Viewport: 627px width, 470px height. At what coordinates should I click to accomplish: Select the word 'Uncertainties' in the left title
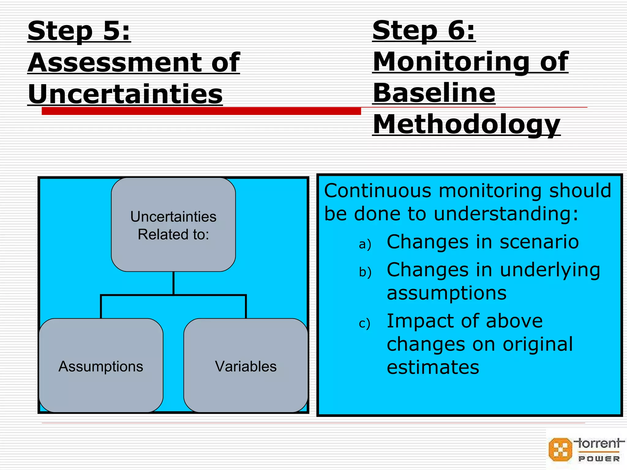point(125,94)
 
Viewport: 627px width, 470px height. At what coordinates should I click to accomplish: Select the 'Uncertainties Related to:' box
point(173,225)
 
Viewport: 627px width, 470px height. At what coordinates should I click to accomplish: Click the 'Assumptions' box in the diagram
point(101,366)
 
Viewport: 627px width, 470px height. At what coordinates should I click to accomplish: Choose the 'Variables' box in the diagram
point(246,366)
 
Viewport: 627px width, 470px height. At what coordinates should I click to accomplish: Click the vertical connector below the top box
point(173,283)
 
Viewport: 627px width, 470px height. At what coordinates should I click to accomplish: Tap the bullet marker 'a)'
point(365,244)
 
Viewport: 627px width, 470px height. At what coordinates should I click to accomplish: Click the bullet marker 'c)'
point(364,323)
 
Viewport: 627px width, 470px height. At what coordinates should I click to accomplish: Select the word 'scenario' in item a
point(539,242)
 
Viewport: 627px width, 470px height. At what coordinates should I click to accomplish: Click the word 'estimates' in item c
point(433,367)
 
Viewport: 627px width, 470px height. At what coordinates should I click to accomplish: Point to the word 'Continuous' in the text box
point(377,191)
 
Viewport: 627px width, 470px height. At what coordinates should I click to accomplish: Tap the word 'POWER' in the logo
point(599,459)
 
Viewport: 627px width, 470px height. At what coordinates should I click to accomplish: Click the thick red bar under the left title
point(201,111)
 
